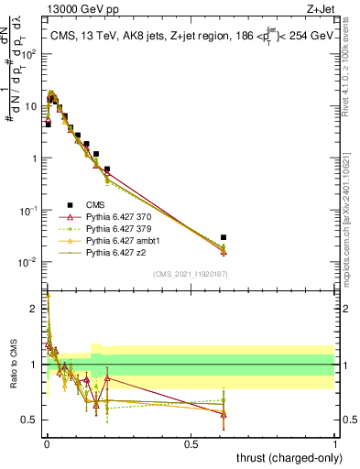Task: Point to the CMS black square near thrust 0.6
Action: [x=224, y=237]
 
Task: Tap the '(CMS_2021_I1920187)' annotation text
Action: [x=190, y=273]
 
